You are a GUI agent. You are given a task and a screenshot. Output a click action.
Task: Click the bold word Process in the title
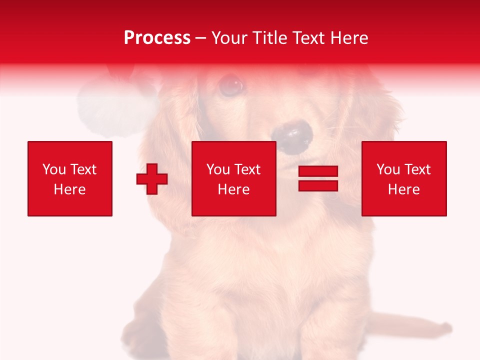(x=157, y=38)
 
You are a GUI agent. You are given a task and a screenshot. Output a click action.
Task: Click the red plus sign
(x=152, y=179)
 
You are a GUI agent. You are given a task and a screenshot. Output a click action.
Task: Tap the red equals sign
(x=318, y=178)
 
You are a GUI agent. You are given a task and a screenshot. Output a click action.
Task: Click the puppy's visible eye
(x=230, y=85)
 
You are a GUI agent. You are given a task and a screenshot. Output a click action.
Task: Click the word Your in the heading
(x=230, y=38)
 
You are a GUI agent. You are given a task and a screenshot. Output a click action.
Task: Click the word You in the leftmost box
(x=54, y=169)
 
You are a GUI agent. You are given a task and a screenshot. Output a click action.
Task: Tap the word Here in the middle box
(x=233, y=189)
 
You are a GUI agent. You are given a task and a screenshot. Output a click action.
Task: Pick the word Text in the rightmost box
(x=417, y=169)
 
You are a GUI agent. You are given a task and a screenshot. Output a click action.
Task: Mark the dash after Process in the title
(x=200, y=38)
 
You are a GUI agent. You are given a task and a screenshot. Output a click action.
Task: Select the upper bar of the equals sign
(x=318, y=171)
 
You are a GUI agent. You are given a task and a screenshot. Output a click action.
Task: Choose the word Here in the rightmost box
(x=403, y=189)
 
